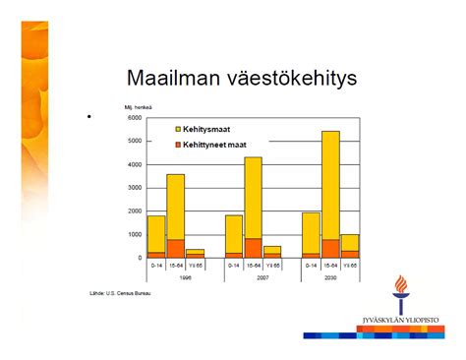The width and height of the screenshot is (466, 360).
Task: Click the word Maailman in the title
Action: point(174,78)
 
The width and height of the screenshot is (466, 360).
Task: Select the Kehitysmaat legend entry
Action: point(205,129)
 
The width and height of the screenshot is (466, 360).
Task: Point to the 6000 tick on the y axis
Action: point(135,117)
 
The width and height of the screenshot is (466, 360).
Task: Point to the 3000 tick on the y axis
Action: point(135,188)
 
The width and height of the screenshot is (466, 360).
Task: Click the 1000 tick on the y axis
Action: point(135,235)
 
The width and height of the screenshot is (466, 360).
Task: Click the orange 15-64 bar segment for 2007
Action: point(253,248)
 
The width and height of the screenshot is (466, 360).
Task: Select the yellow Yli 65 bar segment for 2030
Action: point(350,242)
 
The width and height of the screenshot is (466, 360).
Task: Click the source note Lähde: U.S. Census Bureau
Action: point(122,292)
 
